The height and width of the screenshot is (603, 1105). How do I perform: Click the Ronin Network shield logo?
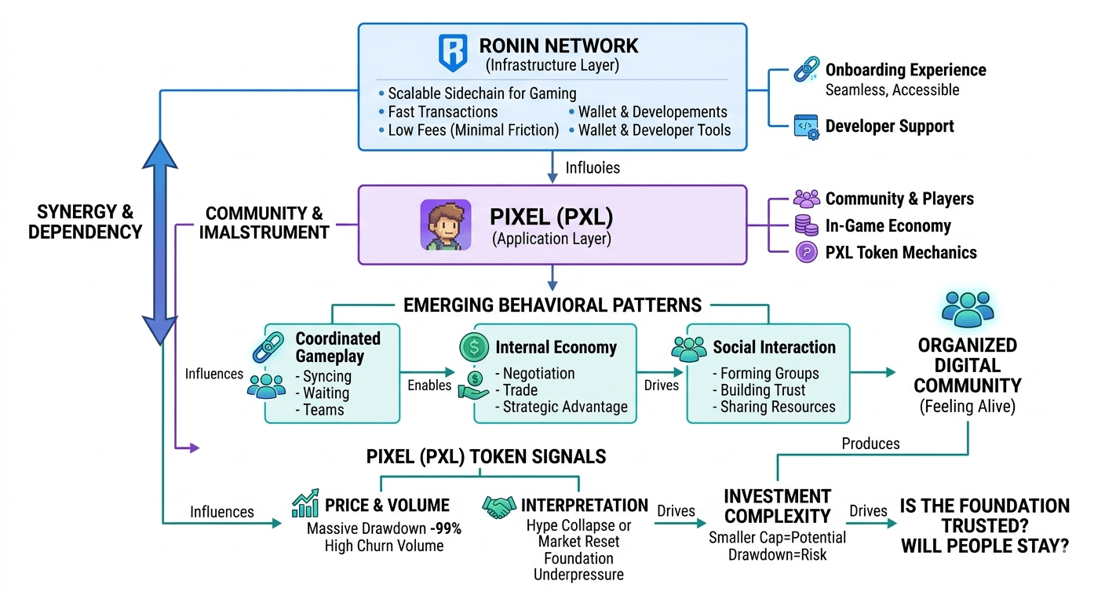(x=452, y=53)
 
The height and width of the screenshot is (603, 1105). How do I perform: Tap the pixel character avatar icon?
(x=445, y=225)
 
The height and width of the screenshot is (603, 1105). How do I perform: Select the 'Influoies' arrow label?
(x=593, y=167)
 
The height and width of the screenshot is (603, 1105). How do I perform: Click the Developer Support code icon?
(x=806, y=126)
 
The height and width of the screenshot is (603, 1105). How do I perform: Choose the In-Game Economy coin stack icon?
(x=806, y=226)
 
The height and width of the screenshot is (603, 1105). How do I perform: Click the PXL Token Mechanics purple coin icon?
(x=806, y=253)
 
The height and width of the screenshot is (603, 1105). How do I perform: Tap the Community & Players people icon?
(x=806, y=199)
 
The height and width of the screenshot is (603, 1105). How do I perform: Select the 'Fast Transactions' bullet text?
(x=443, y=112)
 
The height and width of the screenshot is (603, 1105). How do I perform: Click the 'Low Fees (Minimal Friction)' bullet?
(x=473, y=130)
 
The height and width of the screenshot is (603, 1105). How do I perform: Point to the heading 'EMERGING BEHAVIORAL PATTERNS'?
(x=552, y=305)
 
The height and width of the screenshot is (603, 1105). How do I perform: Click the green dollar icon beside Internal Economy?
(x=474, y=347)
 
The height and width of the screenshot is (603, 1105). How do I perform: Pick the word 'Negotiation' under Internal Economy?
(x=538, y=373)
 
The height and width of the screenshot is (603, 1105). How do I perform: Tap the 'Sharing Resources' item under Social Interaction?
(x=773, y=407)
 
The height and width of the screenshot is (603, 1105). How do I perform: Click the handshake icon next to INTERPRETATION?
(x=499, y=506)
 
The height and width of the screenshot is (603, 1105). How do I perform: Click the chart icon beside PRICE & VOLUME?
(x=305, y=504)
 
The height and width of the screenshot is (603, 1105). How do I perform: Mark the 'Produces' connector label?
(x=870, y=444)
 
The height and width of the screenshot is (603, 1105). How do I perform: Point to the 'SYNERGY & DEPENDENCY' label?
(x=85, y=222)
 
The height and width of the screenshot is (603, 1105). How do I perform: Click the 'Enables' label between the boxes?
(x=429, y=386)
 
